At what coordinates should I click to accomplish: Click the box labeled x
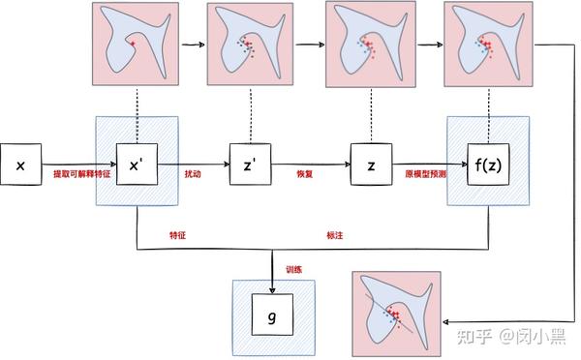point(20,166)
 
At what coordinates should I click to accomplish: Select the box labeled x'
point(137,166)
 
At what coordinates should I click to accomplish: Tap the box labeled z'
point(251,166)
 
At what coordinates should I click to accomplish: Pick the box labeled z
point(371,166)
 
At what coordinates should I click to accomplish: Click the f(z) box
point(488,166)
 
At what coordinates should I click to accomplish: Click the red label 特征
point(177,234)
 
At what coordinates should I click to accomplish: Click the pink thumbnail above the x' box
point(135,42)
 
